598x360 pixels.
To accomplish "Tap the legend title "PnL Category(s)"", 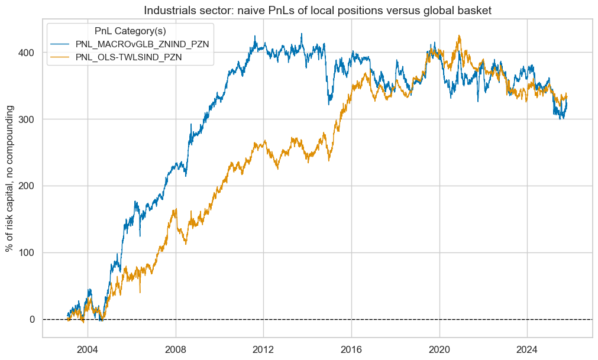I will [128, 30].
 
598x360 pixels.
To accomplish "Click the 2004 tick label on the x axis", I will [88, 348].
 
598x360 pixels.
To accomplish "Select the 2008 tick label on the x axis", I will [176, 348].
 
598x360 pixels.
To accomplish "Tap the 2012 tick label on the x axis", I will [264, 348].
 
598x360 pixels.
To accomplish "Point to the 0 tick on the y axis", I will [33, 320].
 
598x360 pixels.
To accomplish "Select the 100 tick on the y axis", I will [28, 253].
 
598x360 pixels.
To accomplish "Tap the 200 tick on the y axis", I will [28, 186].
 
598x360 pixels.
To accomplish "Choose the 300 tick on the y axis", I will [28, 119].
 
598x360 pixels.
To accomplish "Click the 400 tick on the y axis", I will [28, 53].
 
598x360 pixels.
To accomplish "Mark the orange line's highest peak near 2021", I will [459, 35].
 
